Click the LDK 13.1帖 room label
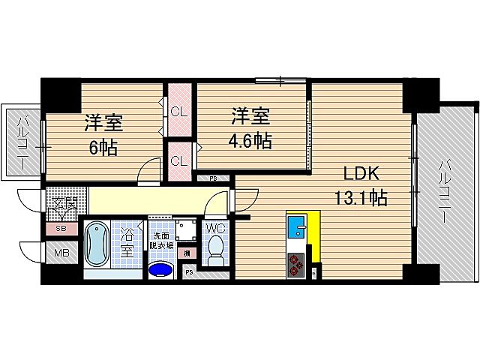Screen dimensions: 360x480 point(365,185)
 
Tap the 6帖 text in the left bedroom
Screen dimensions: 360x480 point(103,148)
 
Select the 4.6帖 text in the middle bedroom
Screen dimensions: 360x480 point(251,140)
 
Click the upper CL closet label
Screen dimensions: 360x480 point(178,113)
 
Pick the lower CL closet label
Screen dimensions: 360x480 point(178,161)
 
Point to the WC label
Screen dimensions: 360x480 point(214,226)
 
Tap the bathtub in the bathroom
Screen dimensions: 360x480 point(96,244)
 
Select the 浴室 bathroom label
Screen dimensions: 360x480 point(127,244)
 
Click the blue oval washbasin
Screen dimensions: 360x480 point(160,268)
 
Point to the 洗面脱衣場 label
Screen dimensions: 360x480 point(160,240)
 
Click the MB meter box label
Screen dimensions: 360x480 point(61,253)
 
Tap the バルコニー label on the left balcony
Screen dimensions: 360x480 point(21,142)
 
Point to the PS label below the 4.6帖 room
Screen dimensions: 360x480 point(213,178)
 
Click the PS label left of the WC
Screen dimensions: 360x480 point(188,271)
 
